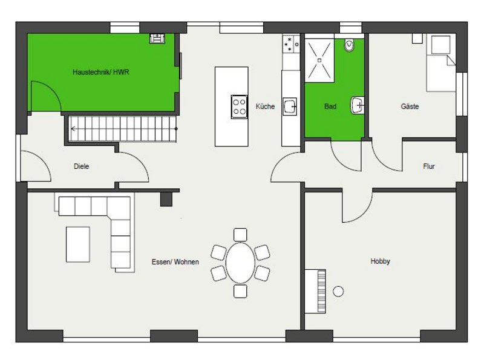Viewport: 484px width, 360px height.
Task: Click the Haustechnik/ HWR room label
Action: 100,72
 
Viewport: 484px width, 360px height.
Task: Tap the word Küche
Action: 265,106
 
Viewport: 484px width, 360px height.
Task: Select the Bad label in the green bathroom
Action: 330,106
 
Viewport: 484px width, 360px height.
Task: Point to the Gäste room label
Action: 410,106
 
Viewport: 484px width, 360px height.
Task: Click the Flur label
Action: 429,166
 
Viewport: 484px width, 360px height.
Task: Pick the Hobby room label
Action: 380,261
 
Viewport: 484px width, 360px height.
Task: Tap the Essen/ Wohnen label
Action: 175,262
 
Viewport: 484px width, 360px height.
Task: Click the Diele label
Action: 81,166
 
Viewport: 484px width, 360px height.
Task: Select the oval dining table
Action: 240,263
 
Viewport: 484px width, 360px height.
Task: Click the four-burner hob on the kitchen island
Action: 239,107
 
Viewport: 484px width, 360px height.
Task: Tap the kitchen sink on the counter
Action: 290,106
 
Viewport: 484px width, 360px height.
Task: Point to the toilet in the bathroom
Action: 349,45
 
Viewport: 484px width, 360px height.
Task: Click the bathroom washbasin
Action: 357,105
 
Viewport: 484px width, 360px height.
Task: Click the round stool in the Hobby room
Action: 338,291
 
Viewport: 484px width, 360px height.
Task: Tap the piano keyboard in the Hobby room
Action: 321,292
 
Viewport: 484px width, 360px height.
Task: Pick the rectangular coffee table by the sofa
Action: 78,244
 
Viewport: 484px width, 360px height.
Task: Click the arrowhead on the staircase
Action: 73,129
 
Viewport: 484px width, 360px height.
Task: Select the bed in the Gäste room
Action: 440,64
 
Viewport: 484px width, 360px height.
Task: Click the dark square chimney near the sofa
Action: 166,199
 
